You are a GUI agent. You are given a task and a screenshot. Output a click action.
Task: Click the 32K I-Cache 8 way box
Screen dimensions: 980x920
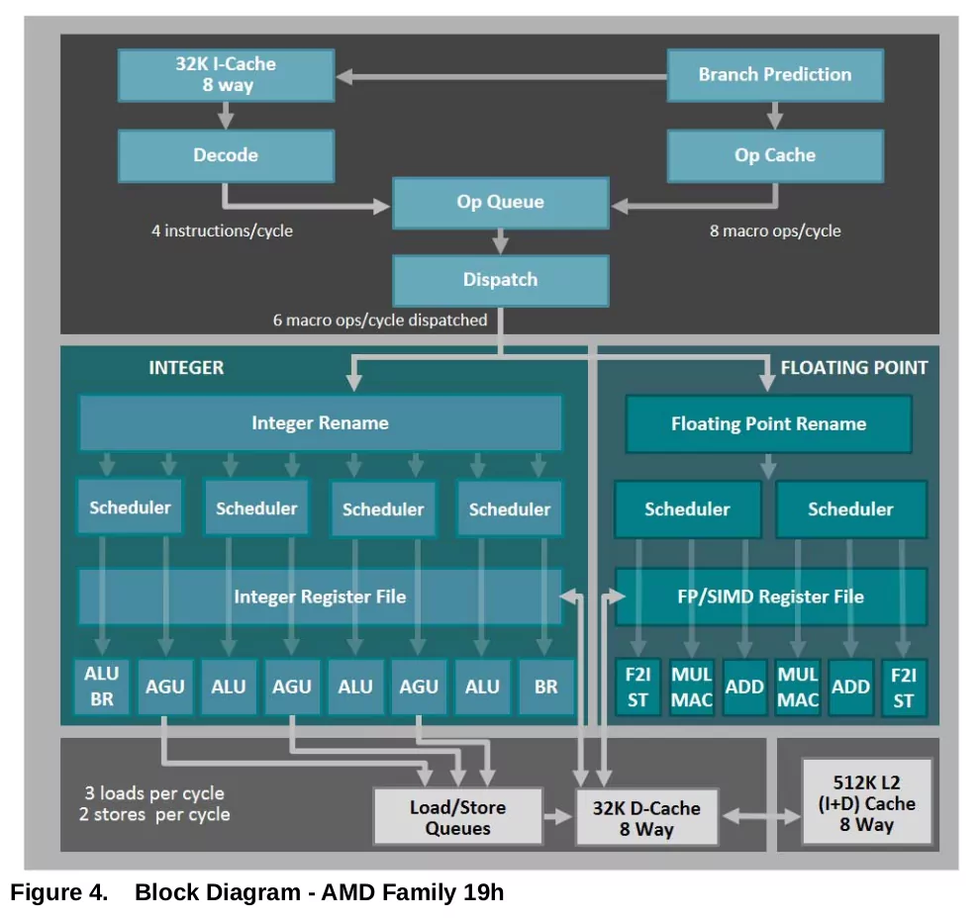[x=226, y=75]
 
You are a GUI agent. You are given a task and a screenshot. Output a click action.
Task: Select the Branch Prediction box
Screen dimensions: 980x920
[x=775, y=75]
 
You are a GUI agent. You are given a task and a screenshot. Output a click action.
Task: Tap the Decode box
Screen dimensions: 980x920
[x=226, y=155]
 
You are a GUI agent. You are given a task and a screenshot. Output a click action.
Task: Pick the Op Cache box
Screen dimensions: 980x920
[x=775, y=155]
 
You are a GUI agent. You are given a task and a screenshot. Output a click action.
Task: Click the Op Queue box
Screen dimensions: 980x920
[x=501, y=203]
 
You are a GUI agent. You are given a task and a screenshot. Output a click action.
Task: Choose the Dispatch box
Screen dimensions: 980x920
[x=501, y=280]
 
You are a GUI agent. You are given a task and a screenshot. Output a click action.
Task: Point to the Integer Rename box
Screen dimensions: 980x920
[x=320, y=422]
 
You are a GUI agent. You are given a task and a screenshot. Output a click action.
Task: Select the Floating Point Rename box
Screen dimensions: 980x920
[x=769, y=424]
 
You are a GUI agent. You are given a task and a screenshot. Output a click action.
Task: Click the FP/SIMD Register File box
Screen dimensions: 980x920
[x=770, y=597]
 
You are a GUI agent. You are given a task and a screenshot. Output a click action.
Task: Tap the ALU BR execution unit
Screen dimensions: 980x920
[x=102, y=687]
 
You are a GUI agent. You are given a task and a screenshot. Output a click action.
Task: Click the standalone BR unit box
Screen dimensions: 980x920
[x=546, y=687]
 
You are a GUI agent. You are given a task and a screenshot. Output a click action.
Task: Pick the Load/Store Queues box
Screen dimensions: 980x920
[x=458, y=817]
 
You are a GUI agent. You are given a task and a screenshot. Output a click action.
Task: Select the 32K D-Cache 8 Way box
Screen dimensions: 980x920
[x=646, y=817]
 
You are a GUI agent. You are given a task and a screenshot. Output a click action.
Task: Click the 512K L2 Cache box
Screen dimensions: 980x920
[x=867, y=802]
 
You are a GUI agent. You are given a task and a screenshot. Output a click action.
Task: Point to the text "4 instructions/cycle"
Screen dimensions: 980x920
[x=222, y=231]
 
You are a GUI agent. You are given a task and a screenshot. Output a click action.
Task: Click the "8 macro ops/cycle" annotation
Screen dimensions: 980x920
[x=775, y=231]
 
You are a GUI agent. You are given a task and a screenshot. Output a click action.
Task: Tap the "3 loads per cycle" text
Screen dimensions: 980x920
[x=154, y=793]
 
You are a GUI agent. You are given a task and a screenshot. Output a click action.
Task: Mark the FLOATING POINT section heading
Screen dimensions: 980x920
[x=853, y=368]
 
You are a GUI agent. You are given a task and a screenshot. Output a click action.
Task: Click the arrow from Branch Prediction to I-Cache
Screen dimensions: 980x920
[x=501, y=77]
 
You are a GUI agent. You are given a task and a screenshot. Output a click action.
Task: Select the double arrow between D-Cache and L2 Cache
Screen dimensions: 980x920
[x=760, y=816]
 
